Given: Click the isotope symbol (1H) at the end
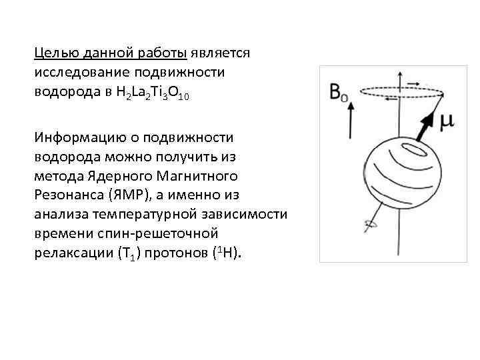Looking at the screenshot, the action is tap(227, 254).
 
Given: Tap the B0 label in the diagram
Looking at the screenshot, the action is tap(339, 92).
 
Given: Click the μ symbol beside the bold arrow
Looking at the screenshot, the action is tap(447, 120).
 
